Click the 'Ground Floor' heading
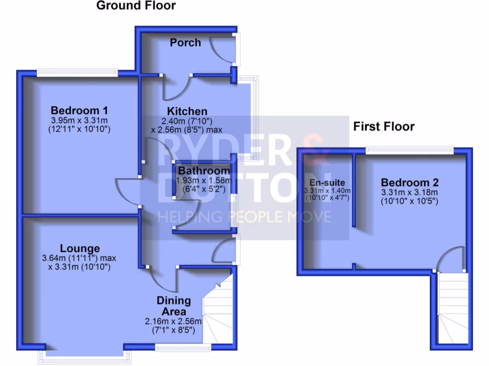pos(136,6)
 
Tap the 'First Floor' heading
pos(383,126)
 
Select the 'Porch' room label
pos(185,42)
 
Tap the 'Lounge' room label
pos(80,248)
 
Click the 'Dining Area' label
pos(174,306)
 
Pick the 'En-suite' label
pos(327,183)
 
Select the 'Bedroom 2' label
pos(409,183)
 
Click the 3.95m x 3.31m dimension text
pos(79,120)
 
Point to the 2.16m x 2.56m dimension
pos(173,321)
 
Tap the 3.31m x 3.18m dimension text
pos(409,192)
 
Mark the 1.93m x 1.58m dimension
pos(204,180)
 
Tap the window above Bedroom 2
pos(409,150)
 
